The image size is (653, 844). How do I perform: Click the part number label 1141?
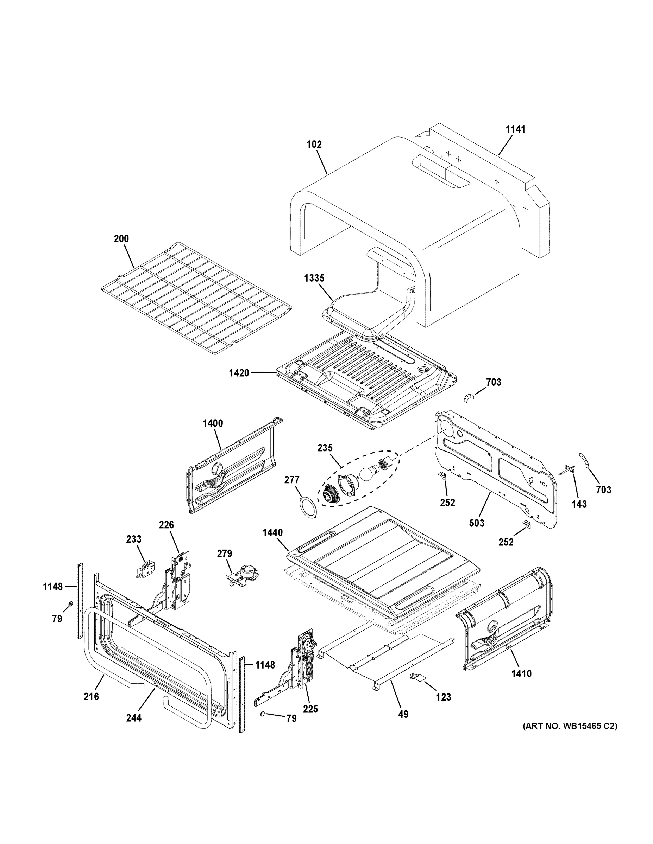coord(516,129)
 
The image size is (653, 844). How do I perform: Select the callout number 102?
coord(314,145)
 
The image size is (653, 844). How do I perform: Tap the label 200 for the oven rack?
coord(121,239)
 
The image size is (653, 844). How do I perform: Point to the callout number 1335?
coord(314,278)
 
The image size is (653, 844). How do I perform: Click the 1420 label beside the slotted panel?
coord(239,373)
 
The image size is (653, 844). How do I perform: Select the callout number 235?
coord(325,448)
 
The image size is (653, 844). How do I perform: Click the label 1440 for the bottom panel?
coord(272,532)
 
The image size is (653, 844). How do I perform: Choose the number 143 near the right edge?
coord(579,504)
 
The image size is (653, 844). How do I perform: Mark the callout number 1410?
coord(521,674)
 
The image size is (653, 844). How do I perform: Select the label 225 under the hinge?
coord(310,709)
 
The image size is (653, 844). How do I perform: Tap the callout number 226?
coord(167,525)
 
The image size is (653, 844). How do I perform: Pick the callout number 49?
coord(403,715)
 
